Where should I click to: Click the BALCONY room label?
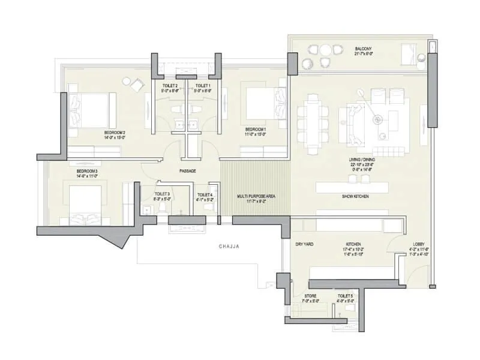coord(363,49)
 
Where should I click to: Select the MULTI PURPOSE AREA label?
coord(255,196)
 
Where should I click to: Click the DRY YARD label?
coord(305,244)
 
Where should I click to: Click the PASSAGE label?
coord(188,171)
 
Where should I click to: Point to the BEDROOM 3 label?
coord(86,171)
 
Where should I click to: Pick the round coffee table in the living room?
coord(378,119)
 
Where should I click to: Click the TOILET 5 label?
coord(345,296)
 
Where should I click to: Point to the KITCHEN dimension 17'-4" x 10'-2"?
coord(353,250)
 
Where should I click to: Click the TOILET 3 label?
coord(162,194)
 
